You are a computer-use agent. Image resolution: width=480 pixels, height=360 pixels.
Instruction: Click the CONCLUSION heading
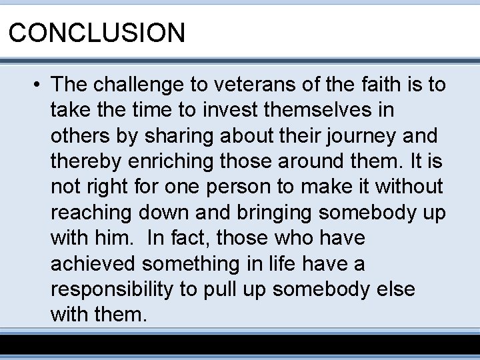97,32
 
